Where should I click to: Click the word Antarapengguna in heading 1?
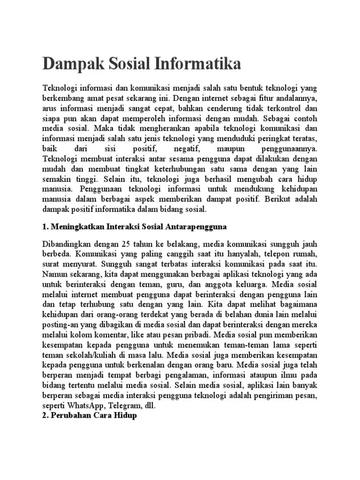(196, 226)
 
